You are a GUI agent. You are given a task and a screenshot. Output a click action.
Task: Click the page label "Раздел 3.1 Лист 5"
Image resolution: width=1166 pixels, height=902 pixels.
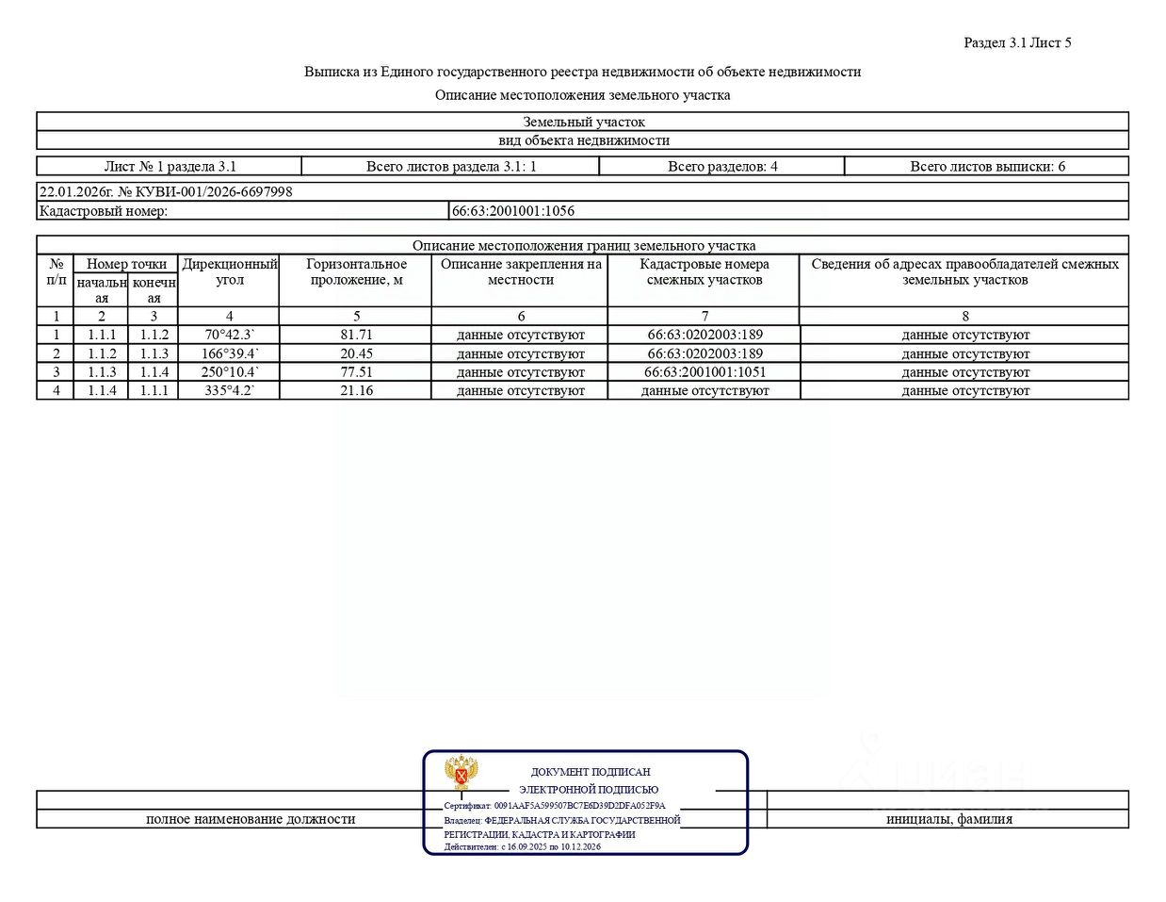(x=1017, y=42)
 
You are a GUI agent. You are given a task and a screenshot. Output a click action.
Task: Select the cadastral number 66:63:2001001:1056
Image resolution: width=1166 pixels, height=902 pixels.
(x=513, y=211)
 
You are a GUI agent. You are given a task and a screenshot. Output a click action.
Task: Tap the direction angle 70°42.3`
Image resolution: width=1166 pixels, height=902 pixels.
(x=230, y=335)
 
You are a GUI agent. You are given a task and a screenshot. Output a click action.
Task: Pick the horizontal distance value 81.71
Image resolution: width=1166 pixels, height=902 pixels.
(x=356, y=335)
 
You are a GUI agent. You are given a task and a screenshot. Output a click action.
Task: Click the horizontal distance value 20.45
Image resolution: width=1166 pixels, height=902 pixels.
(x=356, y=353)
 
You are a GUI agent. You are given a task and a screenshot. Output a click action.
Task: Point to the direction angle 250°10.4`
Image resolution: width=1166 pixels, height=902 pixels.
(x=230, y=372)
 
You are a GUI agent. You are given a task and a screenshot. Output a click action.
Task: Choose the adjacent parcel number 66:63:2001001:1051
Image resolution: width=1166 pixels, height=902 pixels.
(x=704, y=372)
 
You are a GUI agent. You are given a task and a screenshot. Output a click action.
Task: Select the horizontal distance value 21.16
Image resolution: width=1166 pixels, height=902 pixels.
(x=356, y=390)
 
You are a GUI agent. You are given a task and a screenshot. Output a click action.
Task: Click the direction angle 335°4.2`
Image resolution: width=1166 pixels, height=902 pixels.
(x=230, y=390)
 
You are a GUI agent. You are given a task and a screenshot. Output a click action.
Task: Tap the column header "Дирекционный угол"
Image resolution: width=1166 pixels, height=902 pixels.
(x=230, y=271)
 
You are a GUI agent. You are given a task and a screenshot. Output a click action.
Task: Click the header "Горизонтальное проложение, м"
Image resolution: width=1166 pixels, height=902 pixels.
(x=356, y=271)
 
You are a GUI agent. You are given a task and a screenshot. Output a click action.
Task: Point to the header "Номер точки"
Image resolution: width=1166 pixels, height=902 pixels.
(x=126, y=264)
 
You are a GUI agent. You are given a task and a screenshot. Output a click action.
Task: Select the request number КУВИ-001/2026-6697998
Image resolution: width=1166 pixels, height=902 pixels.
(x=205, y=191)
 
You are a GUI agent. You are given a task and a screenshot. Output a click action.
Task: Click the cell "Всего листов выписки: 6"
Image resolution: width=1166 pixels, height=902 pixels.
(x=987, y=167)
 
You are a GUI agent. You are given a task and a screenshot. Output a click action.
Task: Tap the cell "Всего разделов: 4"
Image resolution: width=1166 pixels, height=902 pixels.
(x=722, y=167)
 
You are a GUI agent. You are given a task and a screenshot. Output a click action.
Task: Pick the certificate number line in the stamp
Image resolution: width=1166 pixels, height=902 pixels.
(x=555, y=806)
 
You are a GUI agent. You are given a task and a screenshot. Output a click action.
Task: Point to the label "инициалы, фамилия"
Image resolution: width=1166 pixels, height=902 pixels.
(x=948, y=819)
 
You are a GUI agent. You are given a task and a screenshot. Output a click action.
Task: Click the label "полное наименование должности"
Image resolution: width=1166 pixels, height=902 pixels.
(x=251, y=819)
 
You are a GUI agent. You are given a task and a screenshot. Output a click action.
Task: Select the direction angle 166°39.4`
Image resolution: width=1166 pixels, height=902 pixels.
(x=230, y=353)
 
